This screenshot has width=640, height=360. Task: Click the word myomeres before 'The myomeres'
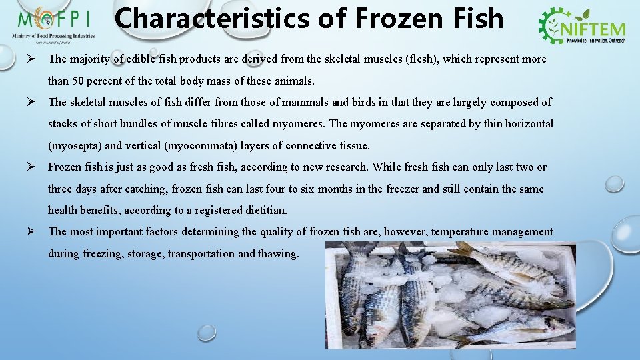tap(297, 124)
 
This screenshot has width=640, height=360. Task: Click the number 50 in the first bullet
tap(97, 81)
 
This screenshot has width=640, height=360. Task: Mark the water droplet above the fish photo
tap(614, 183)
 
